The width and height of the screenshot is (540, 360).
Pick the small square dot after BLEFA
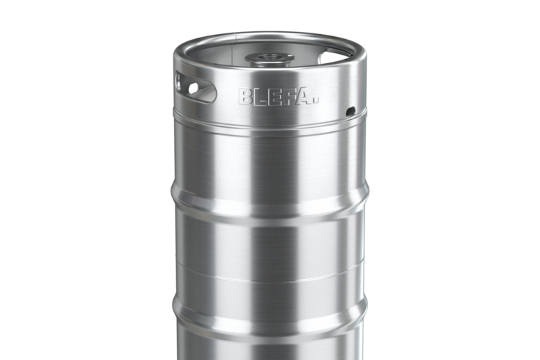click(x=316, y=102)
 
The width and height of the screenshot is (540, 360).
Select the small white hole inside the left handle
click(x=193, y=88)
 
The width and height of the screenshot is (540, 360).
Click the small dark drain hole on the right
click(x=350, y=111)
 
